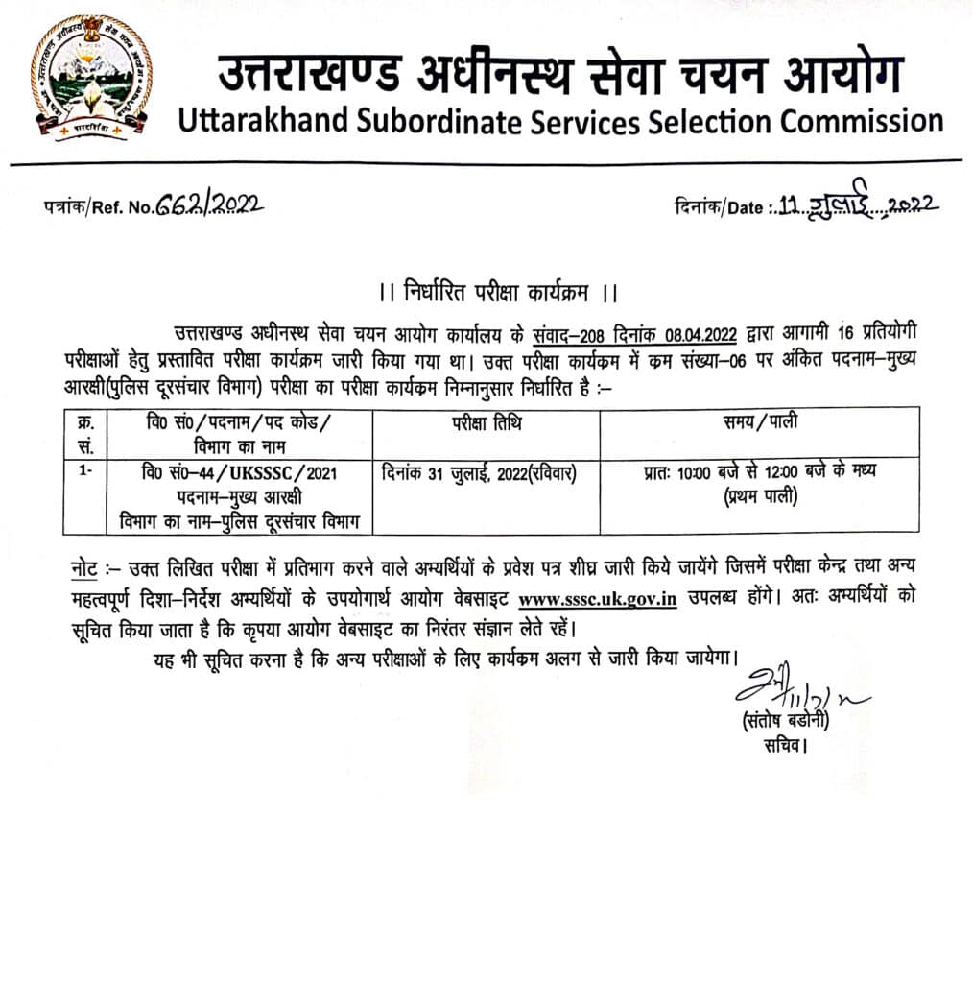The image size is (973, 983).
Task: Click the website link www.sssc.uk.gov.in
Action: pyautogui.click(x=597, y=597)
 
